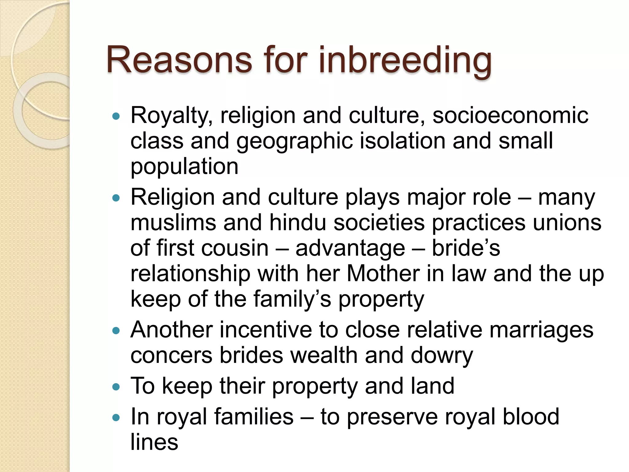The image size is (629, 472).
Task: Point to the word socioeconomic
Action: [x=510, y=116]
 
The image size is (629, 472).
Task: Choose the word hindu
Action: [x=297, y=222]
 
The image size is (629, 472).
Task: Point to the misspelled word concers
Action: [x=171, y=356]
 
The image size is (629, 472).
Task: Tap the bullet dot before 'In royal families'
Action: [x=116, y=417]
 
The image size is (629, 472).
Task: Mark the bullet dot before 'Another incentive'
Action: [x=116, y=331]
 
